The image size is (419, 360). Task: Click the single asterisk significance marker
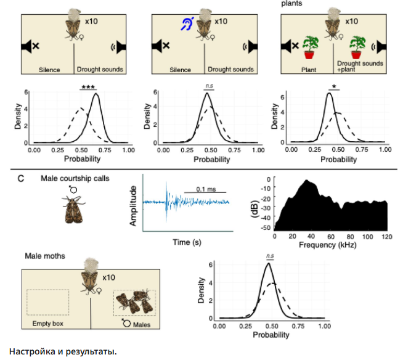coord(333,87)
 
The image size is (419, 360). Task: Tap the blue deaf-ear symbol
coord(185,24)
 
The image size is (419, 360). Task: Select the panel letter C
coord(21,178)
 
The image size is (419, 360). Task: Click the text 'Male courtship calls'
coord(75,178)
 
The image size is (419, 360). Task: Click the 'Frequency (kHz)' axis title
coord(330,244)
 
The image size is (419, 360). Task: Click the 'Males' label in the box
coord(138,323)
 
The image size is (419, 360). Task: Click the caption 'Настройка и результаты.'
coord(62,351)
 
